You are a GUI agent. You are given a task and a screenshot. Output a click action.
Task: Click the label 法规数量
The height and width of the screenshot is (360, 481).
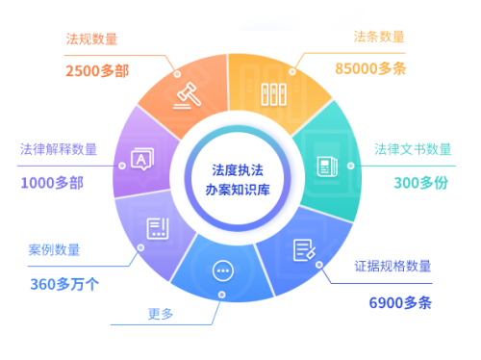90,39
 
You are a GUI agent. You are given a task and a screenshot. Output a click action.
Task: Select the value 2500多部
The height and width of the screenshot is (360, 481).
97,70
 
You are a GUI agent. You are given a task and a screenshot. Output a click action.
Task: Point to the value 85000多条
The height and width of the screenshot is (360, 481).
370,69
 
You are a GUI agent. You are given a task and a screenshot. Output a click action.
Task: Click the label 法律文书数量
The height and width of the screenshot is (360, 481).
414,149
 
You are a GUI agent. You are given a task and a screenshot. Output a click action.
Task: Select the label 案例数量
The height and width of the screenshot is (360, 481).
54,250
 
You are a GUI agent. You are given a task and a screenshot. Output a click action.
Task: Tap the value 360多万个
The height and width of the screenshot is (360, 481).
63,282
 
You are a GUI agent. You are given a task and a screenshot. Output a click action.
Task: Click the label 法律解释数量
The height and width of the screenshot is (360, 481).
59,149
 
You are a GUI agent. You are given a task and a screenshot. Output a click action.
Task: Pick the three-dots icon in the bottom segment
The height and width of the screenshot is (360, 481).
224,270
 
